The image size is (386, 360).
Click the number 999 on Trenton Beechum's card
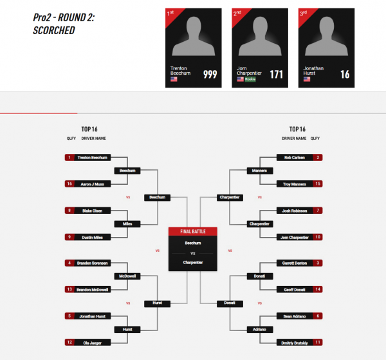[210, 74]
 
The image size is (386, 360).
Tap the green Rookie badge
[250, 79]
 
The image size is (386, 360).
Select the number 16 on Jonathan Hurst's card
[345, 74]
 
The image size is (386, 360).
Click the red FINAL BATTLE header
[193, 231]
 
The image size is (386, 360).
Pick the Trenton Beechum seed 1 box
[87, 157]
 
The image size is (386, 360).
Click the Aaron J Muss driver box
[87, 184]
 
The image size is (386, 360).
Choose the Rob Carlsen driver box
[299, 157]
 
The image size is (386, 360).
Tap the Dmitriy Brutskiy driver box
[299, 343]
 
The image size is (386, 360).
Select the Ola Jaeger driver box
[87, 343]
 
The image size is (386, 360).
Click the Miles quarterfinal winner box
[127, 224]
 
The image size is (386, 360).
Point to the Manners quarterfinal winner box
[260, 171]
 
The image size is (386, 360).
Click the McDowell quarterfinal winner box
[127, 276]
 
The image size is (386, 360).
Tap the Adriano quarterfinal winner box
[260, 330]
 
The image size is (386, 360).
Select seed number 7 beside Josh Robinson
[318, 211]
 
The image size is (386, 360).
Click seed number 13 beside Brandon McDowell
[69, 289]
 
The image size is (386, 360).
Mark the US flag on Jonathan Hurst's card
[307, 79]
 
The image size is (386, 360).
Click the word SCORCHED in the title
[54, 30]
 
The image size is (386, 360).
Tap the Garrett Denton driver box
[299, 263]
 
